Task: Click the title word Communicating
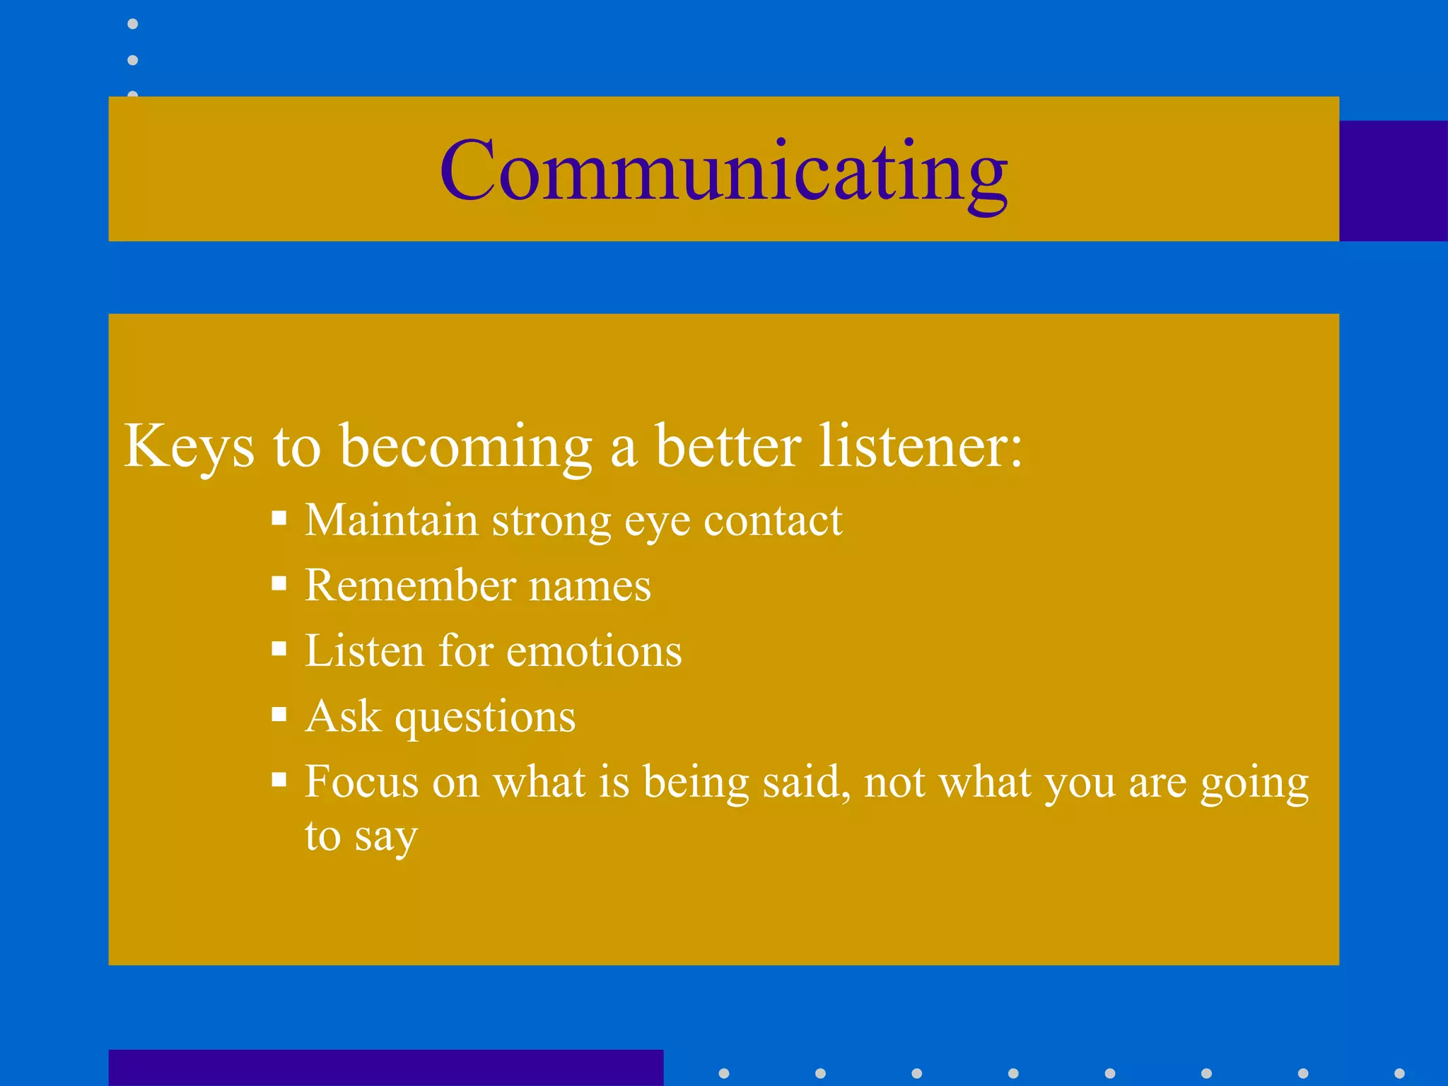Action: click(x=723, y=172)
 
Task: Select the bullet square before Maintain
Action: click(x=279, y=519)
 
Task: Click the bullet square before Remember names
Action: click(x=279, y=584)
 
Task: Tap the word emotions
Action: click(x=594, y=650)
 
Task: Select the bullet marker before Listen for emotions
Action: click(x=279, y=649)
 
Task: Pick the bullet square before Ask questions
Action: click(x=279, y=715)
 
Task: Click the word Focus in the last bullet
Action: click(x=361, y=782)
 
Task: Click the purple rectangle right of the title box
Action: click(x=1393, y=181)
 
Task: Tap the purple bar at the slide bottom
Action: click(x=385, y=1068)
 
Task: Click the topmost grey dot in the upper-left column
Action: click(x=133, y=24)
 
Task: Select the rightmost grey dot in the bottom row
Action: click(x=1399, y=1073)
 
